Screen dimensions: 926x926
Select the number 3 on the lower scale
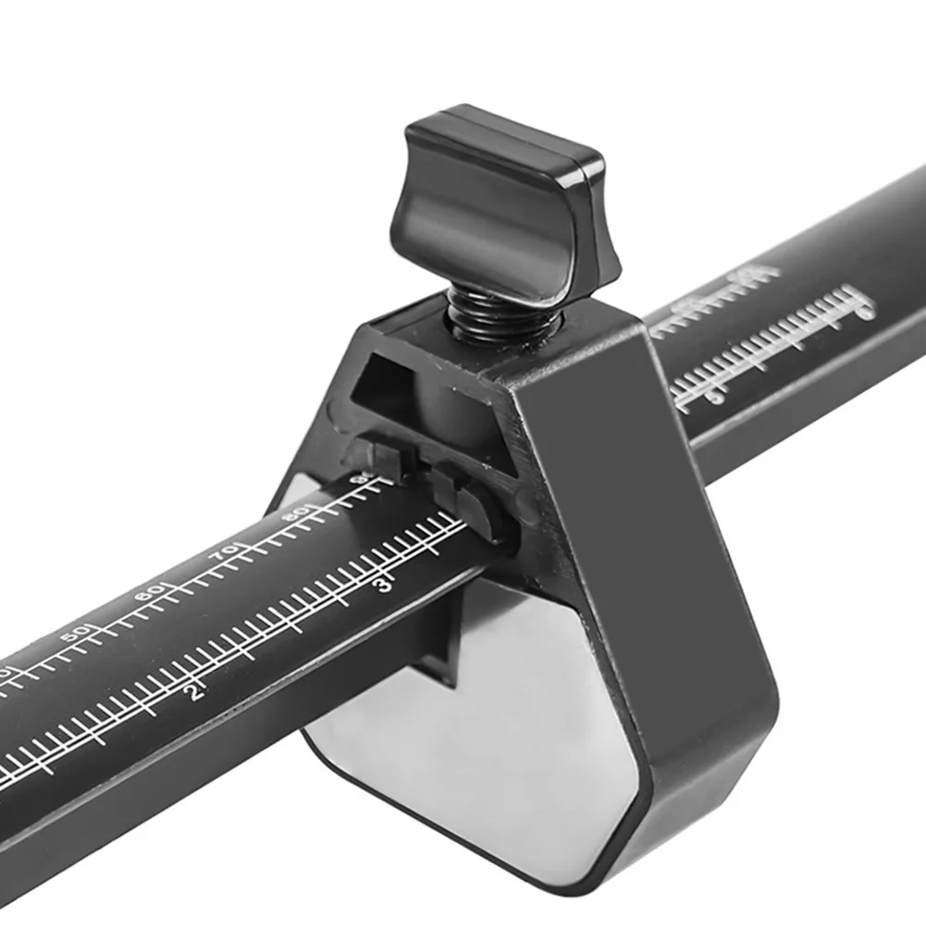point(384,585)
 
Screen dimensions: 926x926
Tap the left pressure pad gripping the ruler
point(378,457)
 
